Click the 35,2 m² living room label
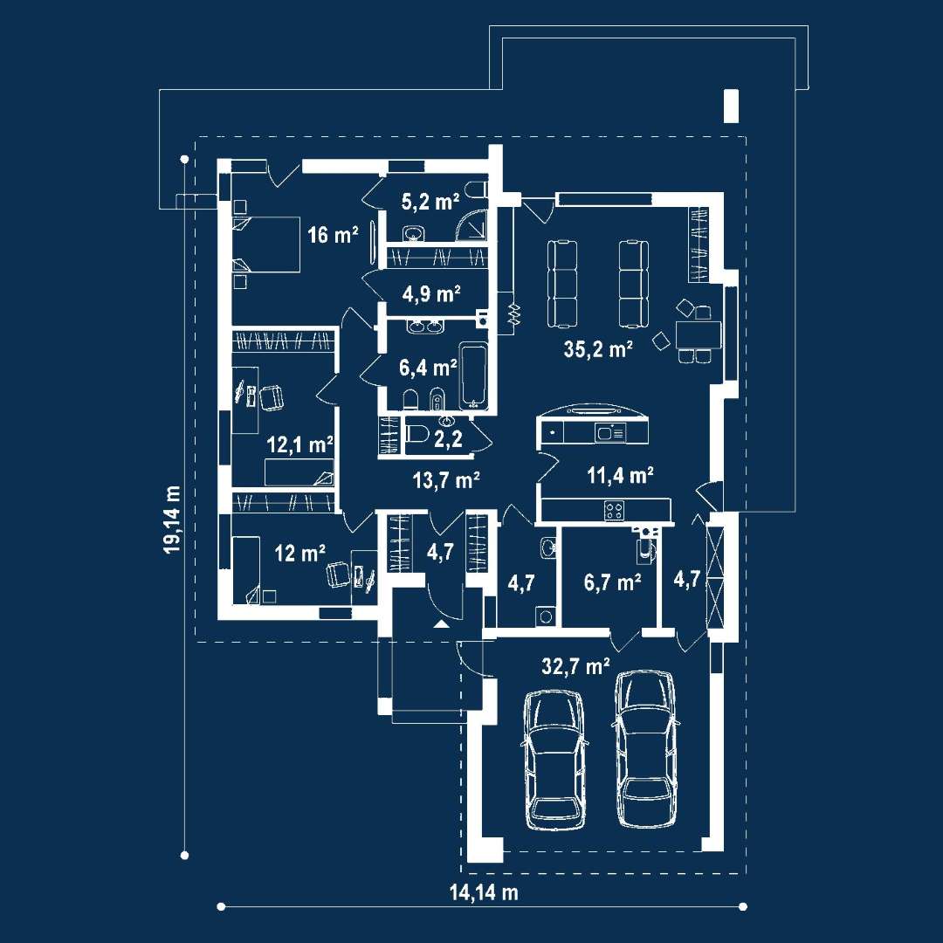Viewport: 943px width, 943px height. coord(598,348)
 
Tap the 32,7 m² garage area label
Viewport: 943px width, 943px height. coord(575,665)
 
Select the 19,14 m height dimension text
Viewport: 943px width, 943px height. coord(173,519)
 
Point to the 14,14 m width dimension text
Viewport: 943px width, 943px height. coord(484,892)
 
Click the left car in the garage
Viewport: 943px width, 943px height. coord(554,761)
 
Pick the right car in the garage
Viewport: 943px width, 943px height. coord(646,749)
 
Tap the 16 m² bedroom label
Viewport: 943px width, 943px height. coord(333,235)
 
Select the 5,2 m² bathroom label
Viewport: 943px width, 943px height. coord(430,202)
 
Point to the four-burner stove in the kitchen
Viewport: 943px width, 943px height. coord(614,511)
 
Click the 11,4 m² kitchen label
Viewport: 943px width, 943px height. coord(620,476)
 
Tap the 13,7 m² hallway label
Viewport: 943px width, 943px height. coord(445,480)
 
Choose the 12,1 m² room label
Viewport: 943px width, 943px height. coord(299,445)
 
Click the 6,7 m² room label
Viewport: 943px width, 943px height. coord(612,582)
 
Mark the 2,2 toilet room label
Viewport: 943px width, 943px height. coord(449,439)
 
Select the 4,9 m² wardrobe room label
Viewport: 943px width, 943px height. coord(431,294)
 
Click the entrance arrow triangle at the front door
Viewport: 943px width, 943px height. coord(442,624)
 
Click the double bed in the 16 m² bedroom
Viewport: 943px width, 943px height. coord(266,244)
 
